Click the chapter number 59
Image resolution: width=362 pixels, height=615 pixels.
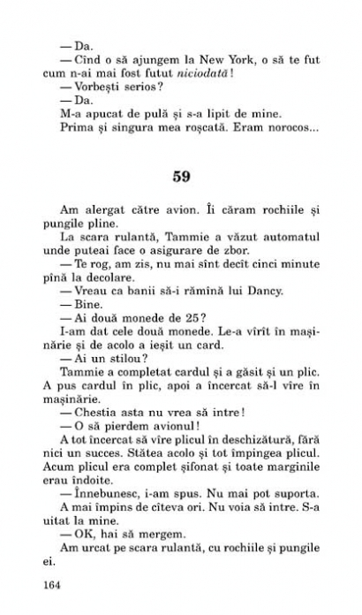[181, 176]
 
